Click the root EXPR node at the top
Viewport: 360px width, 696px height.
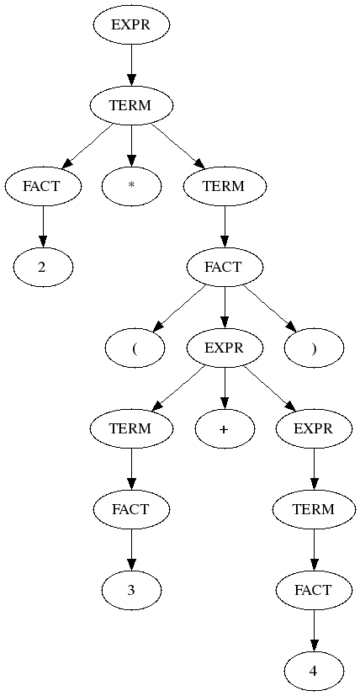click(131, 25)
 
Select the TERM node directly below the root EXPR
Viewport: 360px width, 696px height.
click(131, 106)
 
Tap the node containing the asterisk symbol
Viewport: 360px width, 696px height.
click(131, 187)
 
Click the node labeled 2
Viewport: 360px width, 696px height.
click(43, 268)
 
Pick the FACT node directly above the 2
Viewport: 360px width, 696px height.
click(43, 187)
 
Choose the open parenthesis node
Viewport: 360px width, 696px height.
click(135, 348)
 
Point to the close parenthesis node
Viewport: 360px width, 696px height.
click(314, 348)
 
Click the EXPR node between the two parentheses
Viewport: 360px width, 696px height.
click(225, 348)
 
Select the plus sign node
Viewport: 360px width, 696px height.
click(225, 428)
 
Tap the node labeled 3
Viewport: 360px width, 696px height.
click(131, 590)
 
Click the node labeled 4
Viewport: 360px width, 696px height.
click(314, 671)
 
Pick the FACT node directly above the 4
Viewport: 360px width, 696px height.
click(314, 590)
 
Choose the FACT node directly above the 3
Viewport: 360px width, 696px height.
click(131, 509)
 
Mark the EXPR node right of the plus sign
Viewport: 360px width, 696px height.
click(314, 428)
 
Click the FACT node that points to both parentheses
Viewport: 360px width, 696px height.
click(225, 268)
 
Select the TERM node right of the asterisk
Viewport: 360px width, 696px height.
click(225, 187)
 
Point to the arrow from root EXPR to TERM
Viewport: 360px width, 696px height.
click(131, 66)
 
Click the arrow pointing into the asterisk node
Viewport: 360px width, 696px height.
click(131, 146)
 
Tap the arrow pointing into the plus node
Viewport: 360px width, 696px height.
click(225, 388)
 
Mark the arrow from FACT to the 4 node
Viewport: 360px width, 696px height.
click(314, 630)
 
